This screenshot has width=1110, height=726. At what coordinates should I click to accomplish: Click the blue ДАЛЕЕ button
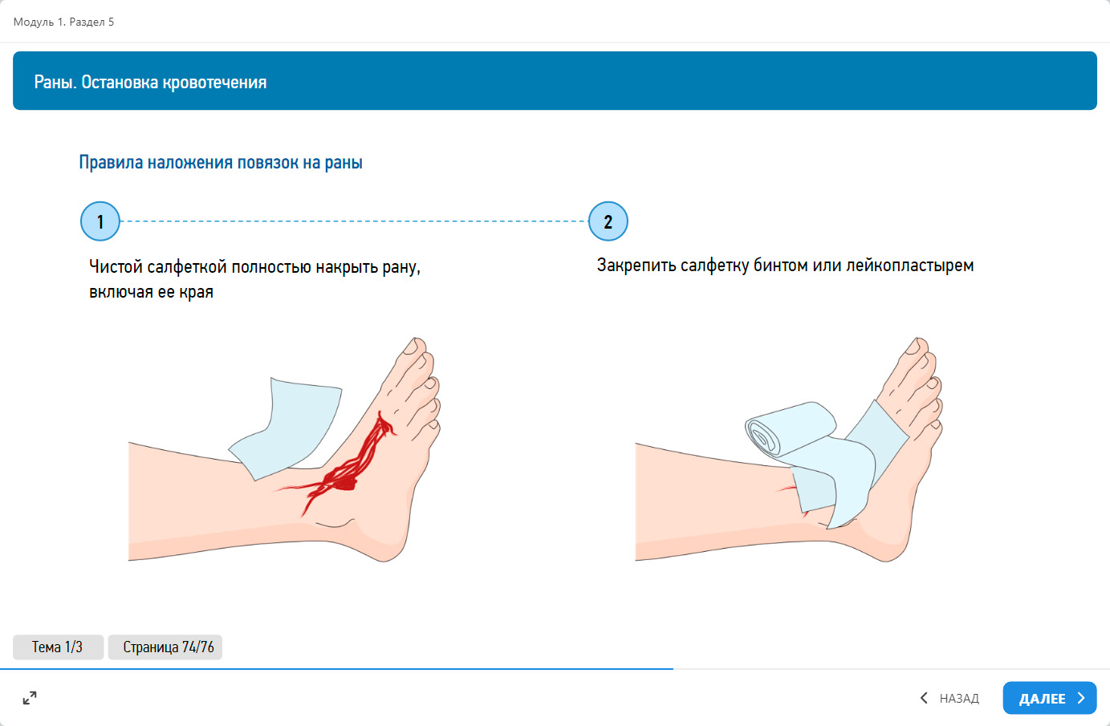[x=1049, y=698]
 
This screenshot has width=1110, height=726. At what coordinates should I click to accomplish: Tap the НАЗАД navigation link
[x=949, y=698]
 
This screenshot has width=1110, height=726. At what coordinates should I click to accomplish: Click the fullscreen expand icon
[x=30, y=698]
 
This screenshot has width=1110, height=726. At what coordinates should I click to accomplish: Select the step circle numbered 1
[x=100, y=221]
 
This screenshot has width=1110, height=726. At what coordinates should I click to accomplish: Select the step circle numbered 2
[x=608, y=221]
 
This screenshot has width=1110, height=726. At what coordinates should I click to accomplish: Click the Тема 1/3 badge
[x=58, y=647]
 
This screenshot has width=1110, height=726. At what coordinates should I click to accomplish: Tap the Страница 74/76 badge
[x=165, y=647]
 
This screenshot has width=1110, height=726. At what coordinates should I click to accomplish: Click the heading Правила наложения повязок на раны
[x=221, y=162]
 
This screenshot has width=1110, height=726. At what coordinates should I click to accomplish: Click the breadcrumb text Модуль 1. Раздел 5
[x=63, y=22]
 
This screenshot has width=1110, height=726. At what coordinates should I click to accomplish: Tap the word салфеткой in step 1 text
[x=187, y=267]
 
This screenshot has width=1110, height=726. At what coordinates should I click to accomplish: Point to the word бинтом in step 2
[x=781, y=266]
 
